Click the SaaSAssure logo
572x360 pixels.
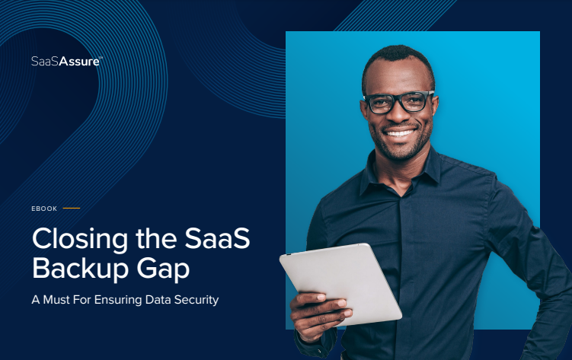65,61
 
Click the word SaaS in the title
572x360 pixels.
218,240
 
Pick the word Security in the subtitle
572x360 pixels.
197,300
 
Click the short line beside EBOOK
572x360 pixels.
71,207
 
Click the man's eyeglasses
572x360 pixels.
398,101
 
